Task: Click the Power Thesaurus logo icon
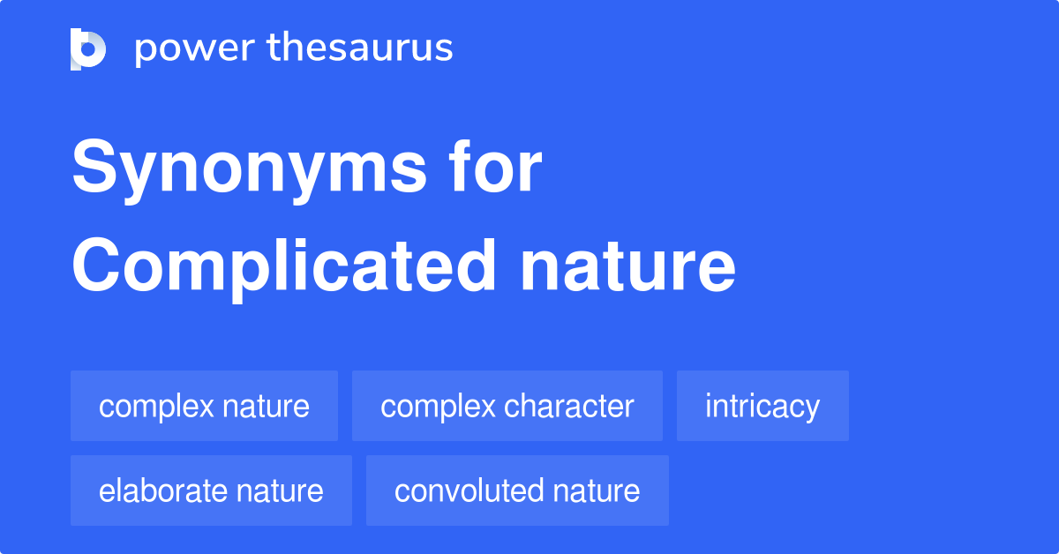click(x=87, y=49)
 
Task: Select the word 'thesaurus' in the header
click(x=360, y=49)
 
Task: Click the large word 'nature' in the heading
click(x=627, y=268)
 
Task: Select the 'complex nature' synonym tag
click(x=204, y=406)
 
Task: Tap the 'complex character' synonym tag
click(x=507, y=406)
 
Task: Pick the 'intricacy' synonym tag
click(x=762, y=406)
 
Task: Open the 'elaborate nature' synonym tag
click(x=211, y=490)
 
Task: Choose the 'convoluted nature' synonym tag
click(x=517, y=490)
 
